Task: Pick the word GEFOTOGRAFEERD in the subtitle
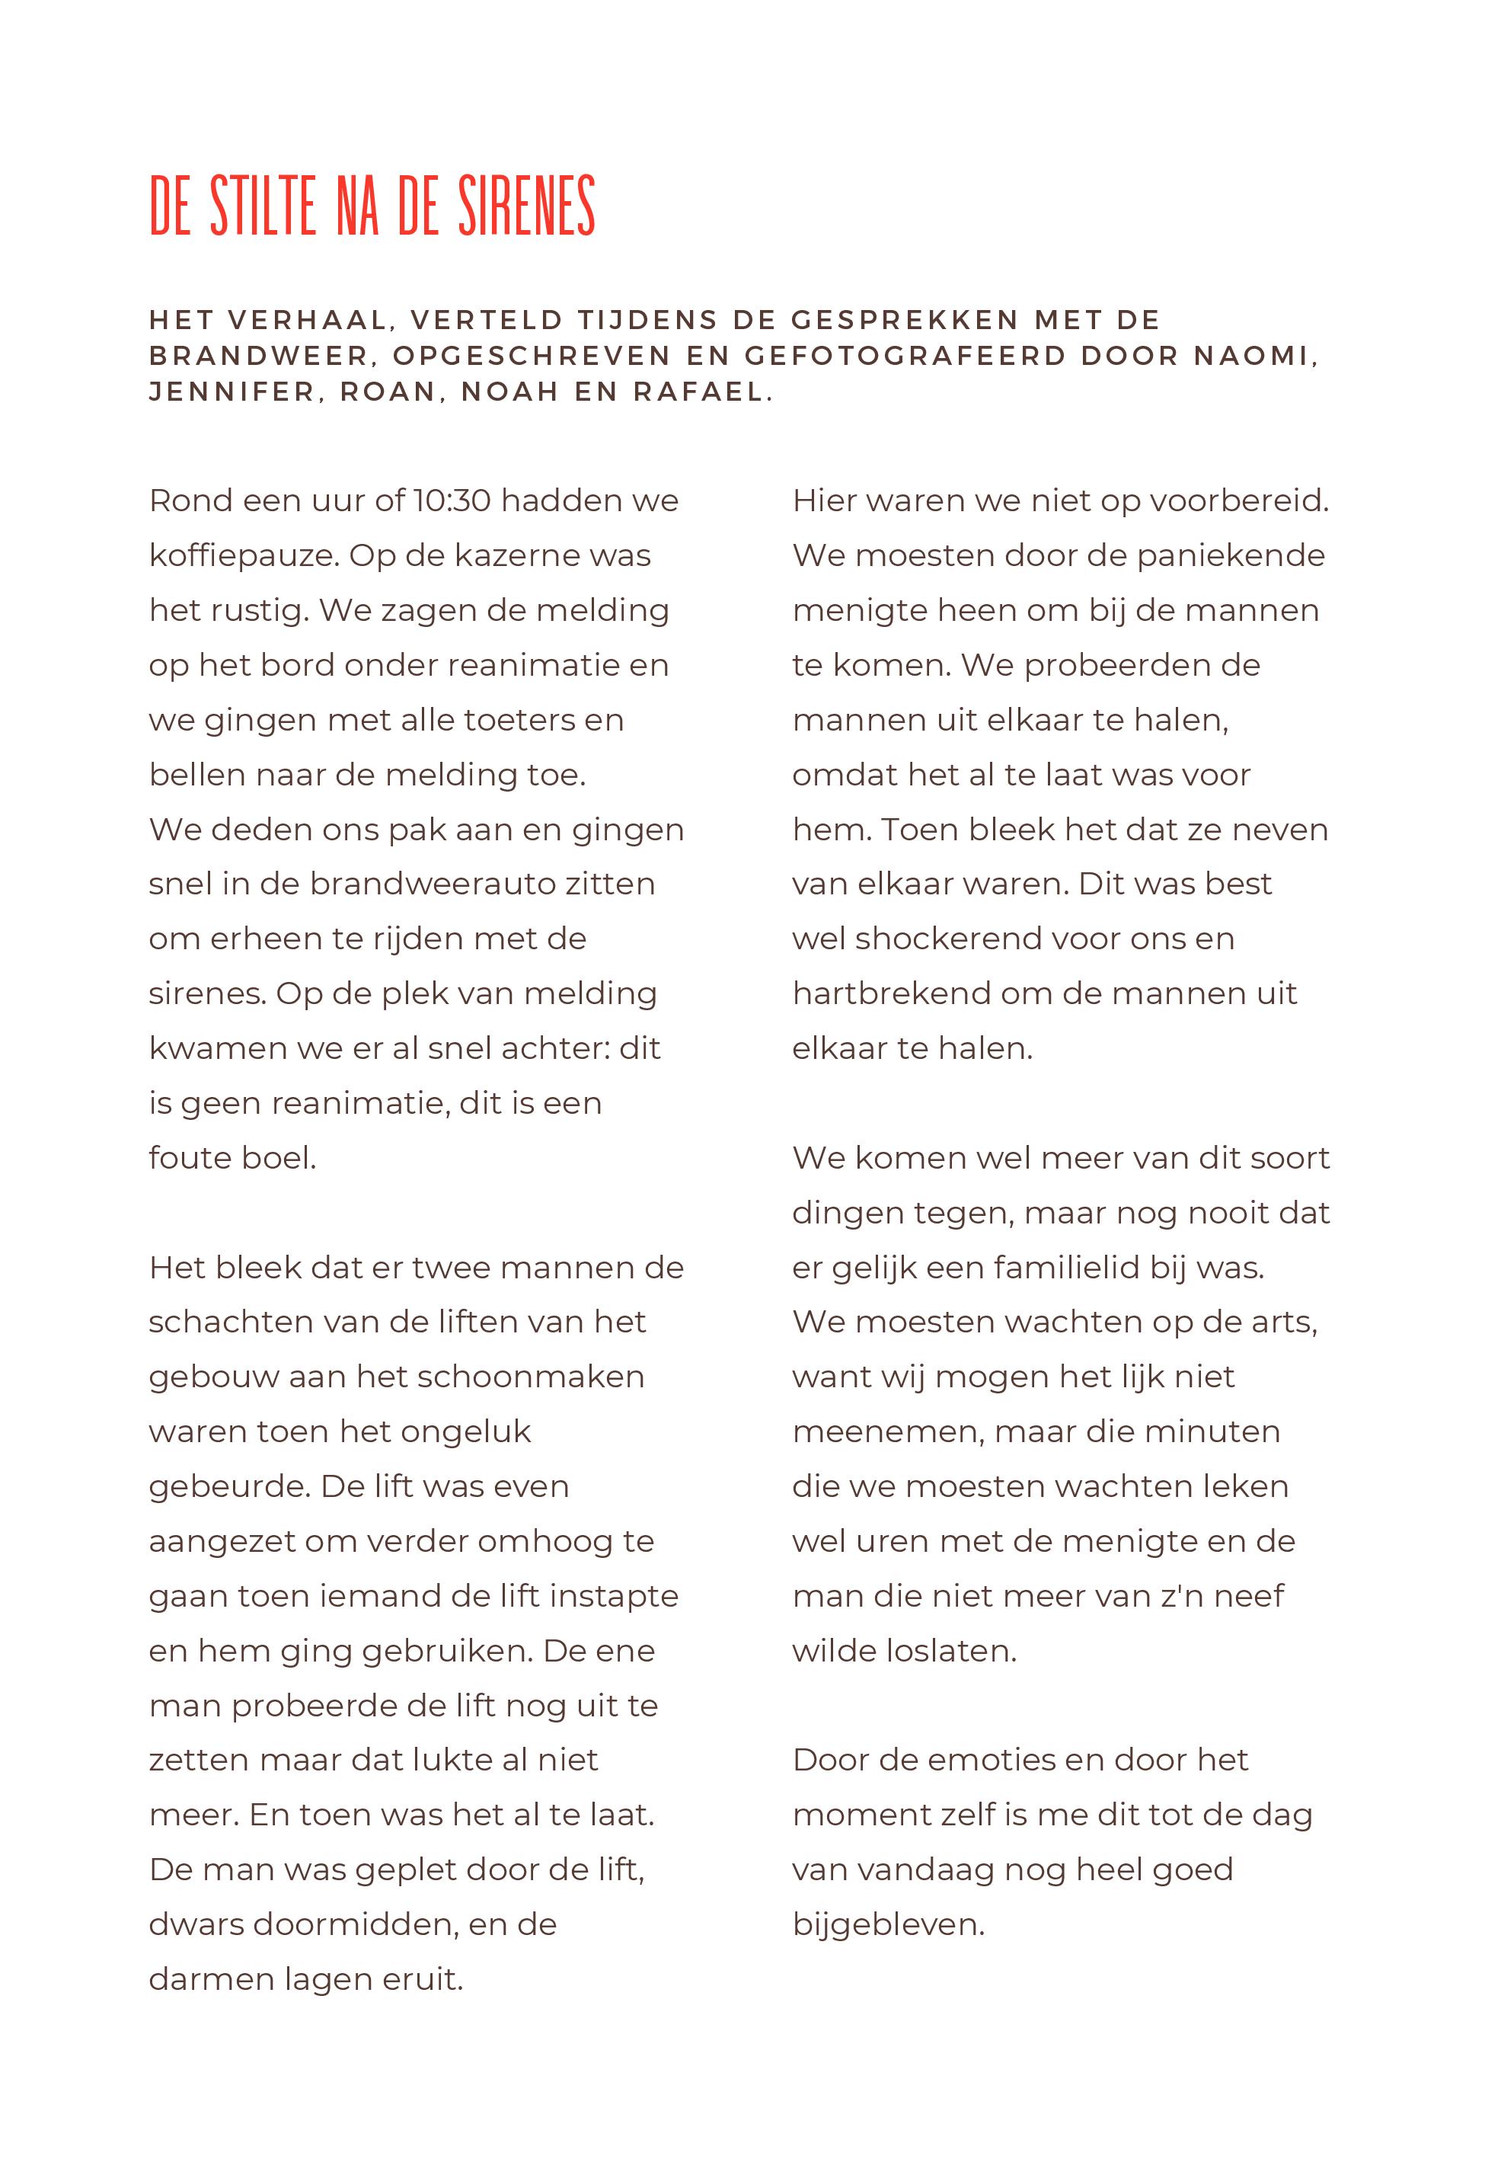click(x=905, y=356)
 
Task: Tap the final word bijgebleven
click(x=889, y=1924)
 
